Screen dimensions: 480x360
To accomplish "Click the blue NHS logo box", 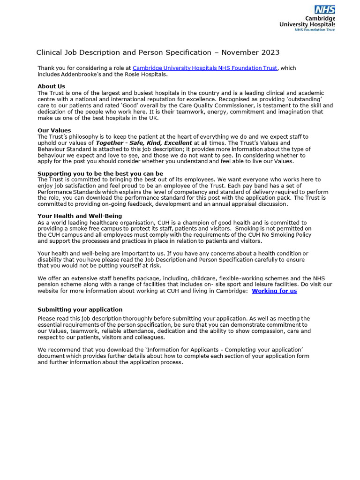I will tap(325, 10).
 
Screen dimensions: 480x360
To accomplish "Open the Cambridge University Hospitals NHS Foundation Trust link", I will tap(205, 68).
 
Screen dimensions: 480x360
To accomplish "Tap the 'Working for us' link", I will tap(274, 291).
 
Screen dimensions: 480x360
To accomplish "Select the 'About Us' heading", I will tap(51, 86).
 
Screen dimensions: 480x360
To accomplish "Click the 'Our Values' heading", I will tap(54, 130).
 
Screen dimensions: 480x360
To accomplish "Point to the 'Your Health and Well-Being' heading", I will tap(80, 216).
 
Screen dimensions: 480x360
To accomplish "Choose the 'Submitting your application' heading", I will tap(80, 310).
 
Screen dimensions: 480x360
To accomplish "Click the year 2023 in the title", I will tap(270, 52).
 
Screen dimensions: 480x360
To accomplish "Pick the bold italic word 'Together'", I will tap(110, 142).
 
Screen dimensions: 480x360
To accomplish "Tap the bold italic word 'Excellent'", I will tap(176, 142).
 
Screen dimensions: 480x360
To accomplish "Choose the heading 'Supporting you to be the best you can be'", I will tap(100, 173).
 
